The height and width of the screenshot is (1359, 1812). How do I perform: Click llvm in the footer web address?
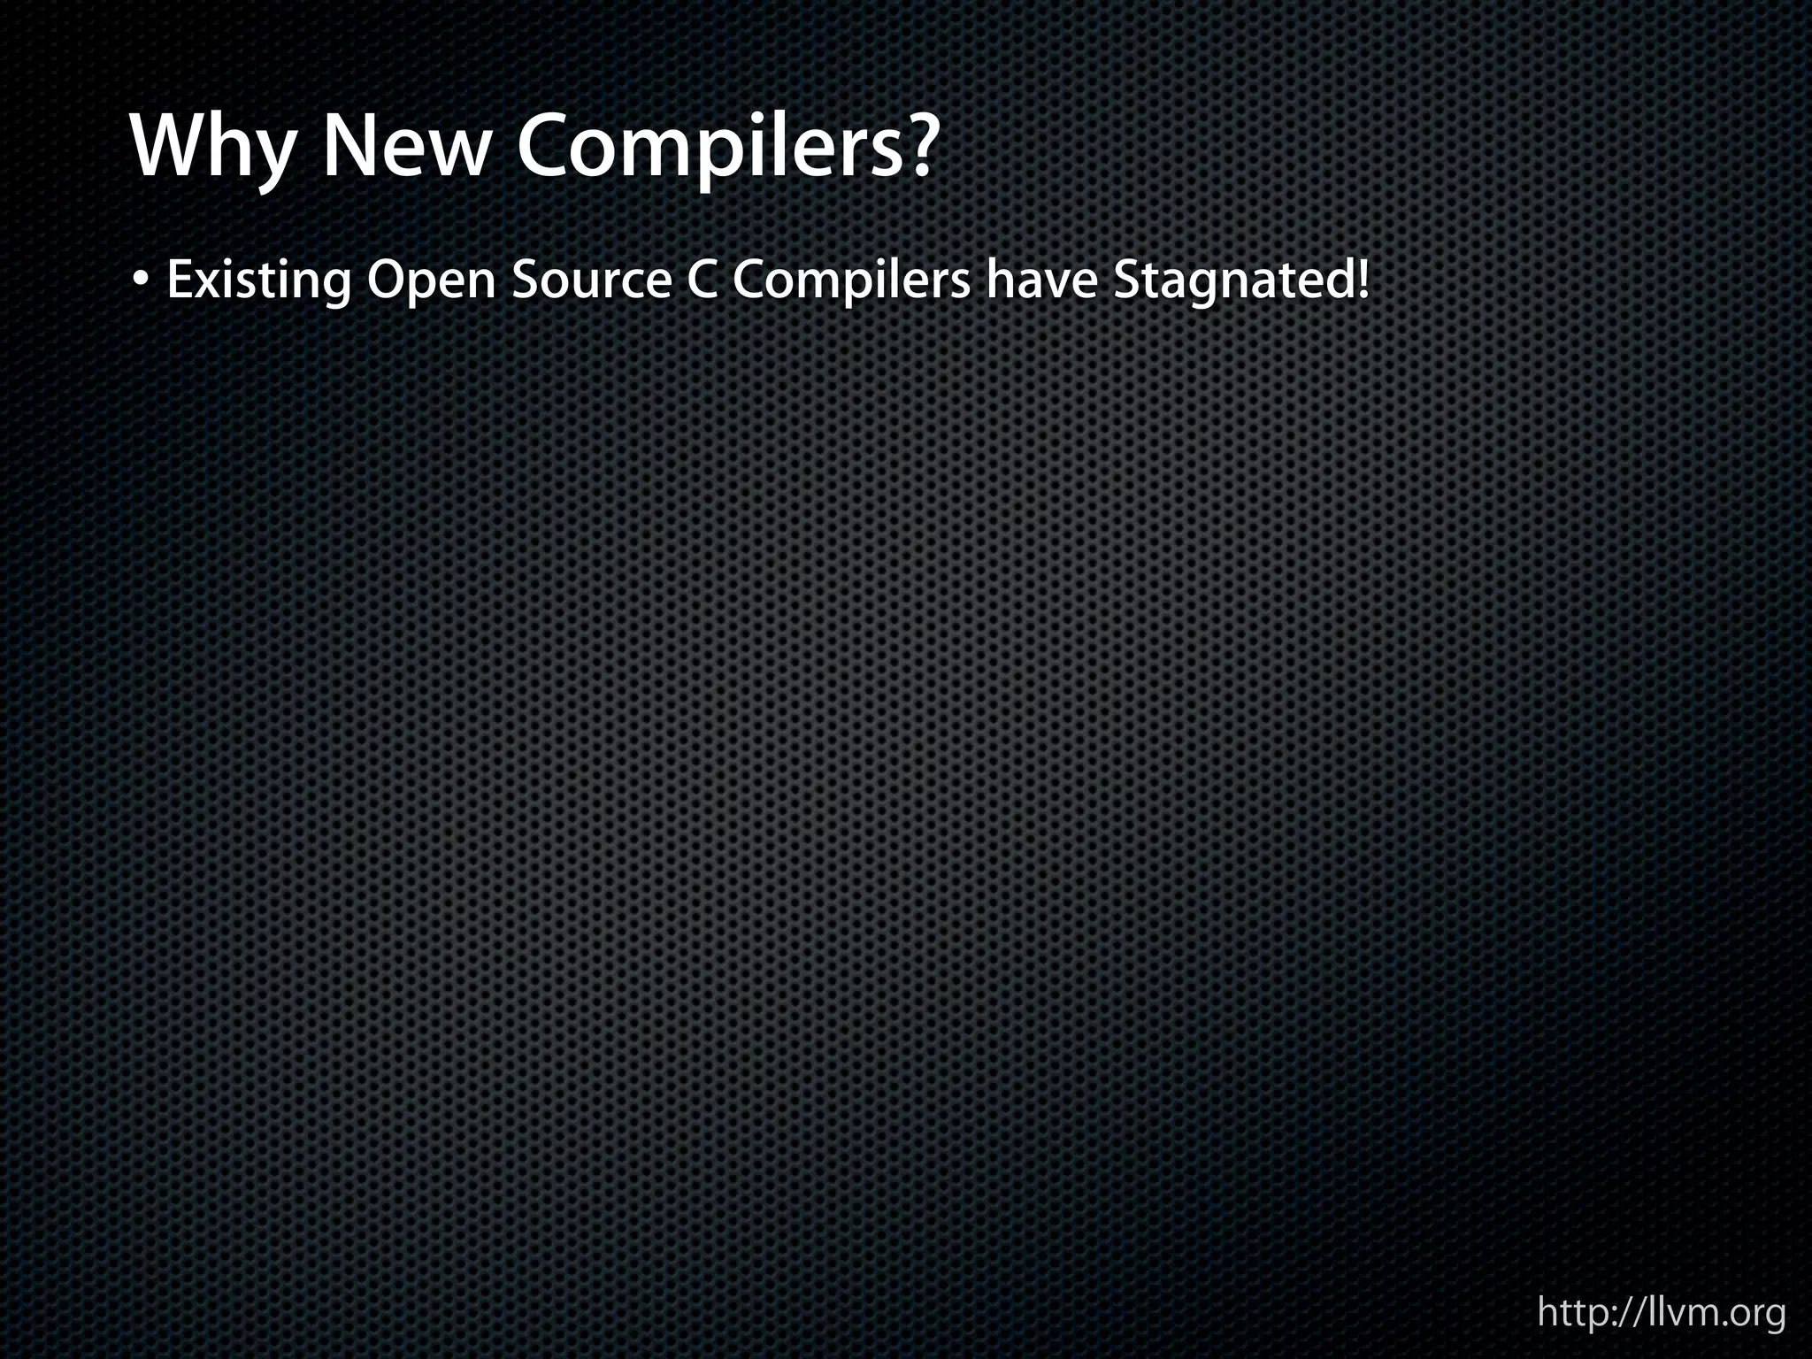1676,1311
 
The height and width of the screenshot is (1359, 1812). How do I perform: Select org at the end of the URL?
1757,1315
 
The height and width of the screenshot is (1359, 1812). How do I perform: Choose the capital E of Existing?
179,280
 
